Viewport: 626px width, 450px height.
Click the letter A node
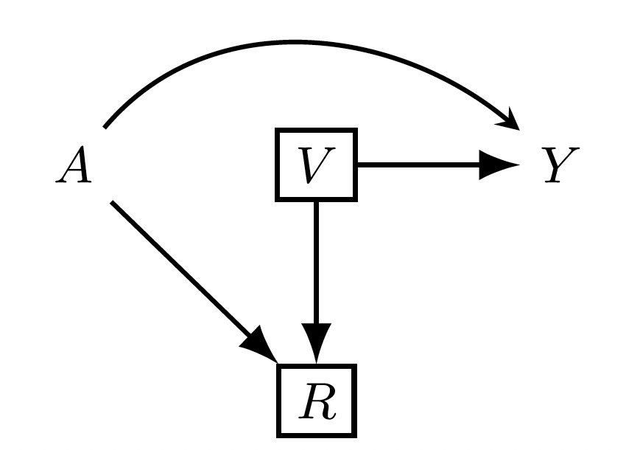pos(74,165)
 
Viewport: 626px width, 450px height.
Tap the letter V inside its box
pos(315,165)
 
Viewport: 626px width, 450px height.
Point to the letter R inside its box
pos(317,402)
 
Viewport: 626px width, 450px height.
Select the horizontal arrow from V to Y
pos(420,165)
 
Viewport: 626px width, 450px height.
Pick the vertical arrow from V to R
pos(316,266)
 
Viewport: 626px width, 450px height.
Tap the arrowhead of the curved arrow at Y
pos(513,122)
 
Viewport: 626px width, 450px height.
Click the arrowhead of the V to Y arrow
pos(501,165)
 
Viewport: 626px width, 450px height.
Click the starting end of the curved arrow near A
pos(105,127)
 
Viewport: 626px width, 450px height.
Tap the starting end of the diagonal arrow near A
pos(113,202)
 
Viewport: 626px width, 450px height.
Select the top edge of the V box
pos(316,131)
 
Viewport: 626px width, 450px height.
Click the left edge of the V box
pos(278,165)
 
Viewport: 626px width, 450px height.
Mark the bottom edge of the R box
pos(317,435)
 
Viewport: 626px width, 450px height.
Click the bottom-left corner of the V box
pos(278,198)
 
